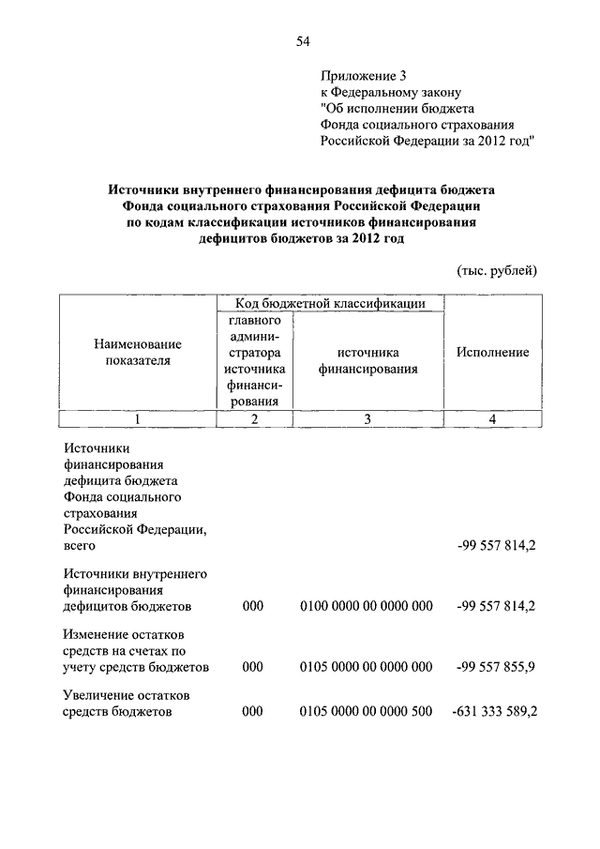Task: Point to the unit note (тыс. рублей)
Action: coord(496,270)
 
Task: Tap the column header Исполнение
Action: coord(492,352)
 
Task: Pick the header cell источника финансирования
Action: coord(367,360)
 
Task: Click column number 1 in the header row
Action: coord(138,419)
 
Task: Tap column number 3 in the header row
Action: coord(367,419)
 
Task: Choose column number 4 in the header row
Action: coord(492,419)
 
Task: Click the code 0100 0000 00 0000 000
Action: coord(366,607)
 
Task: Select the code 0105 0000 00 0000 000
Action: coord(366,667)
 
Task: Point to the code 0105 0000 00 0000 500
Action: coord(366,712)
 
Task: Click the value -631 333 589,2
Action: coord(494,712)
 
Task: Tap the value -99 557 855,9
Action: coord(497,667)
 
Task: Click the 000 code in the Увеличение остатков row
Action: coord(253,712)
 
